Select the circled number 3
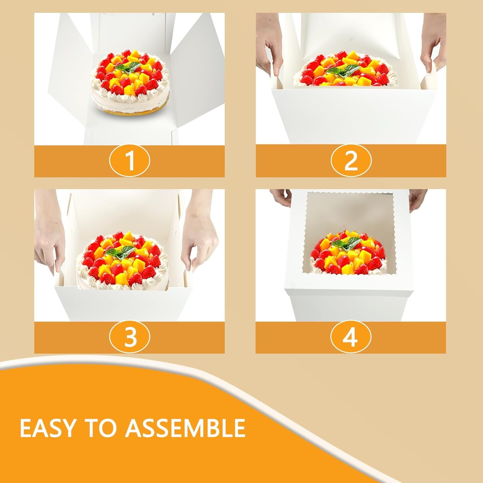coord(129,337)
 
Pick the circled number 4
coord(351,337)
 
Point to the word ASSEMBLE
coord(185,428)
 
